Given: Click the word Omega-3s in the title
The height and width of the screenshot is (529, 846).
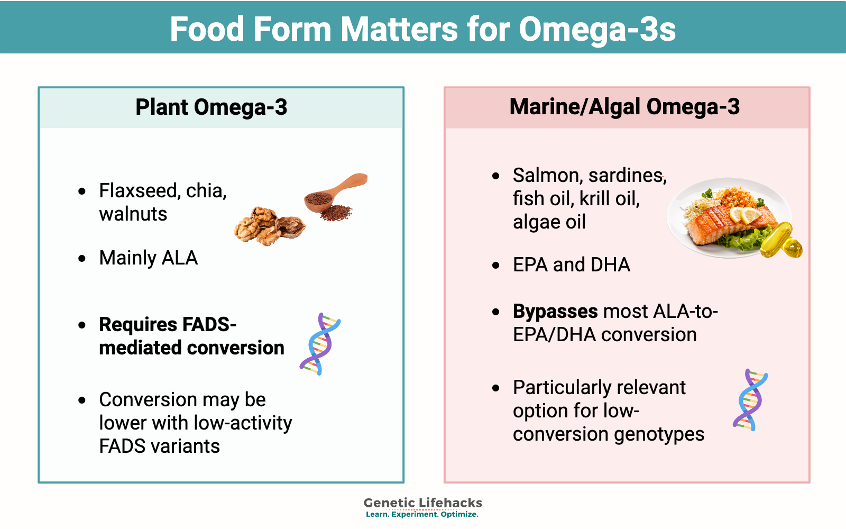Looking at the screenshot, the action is pyautogui.click(x=597, y=30).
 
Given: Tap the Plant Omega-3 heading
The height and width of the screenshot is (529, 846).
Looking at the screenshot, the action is pyautogui.click(x=211, y=107).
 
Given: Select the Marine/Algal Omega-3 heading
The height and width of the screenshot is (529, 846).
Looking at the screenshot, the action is pyautogui.click(x=624, y=107).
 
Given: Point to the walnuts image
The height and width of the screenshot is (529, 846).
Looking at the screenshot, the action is pyautogui.click(x=270, y=226).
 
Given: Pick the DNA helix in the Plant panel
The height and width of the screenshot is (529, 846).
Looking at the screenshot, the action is pyautogui.click(x=320, y=344).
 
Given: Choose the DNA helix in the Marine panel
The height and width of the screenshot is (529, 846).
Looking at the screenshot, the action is pyautogui.click(x=750, y=400).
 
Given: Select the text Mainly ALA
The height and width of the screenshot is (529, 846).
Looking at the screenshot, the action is pyautogui.click(x=149, y=258).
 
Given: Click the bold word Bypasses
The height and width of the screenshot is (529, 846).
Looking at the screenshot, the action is pyautogui.click(x=555, y=312).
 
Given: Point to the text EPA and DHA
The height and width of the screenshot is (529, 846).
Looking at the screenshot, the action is pyautogui.click(x=572, y=264).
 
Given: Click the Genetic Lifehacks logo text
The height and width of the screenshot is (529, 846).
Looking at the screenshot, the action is pyautogui.click(x=422, y=503).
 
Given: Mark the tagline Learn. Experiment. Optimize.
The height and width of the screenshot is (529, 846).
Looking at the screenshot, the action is pyautogui.click(x=422, y=514).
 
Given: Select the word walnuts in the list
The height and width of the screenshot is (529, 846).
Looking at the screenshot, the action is pyautogui.click(x=133, y=214).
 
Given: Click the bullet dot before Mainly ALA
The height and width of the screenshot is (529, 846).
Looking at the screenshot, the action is pyautogui.click(x=82, y=259).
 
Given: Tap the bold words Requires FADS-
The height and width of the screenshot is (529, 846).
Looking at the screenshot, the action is pyautogui.click(x=168, y=325).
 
